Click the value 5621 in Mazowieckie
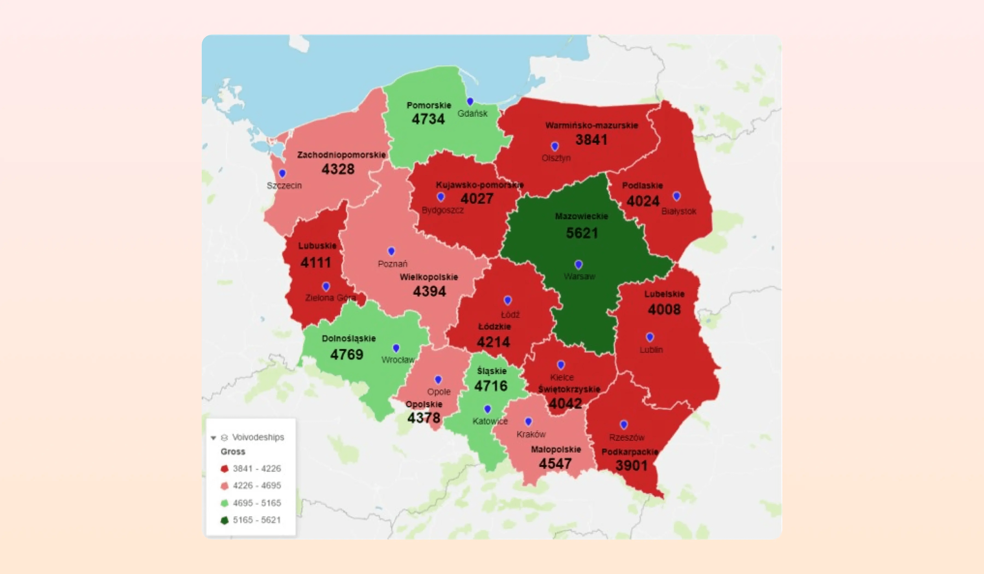[x=582, y=233]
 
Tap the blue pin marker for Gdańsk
[x=470, y=101]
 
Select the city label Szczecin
[x=284, y=186]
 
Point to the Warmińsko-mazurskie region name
[x=591, y=125]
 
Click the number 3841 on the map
[x=591, y=140]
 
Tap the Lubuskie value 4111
[x=315, y=262]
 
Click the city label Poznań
[x=393, y=264]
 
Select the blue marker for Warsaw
[x=579, y=264]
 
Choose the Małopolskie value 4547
[x=555, y=464]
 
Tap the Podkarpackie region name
[x=629, y=452]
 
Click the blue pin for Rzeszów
[x=623, y=424]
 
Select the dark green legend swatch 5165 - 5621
[x=224, y=520]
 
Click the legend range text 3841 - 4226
[x=257, y=468]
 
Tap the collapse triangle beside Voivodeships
[x=213, y=438]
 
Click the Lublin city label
[x=651, y=350]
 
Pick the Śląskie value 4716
[x=491, y=386]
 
